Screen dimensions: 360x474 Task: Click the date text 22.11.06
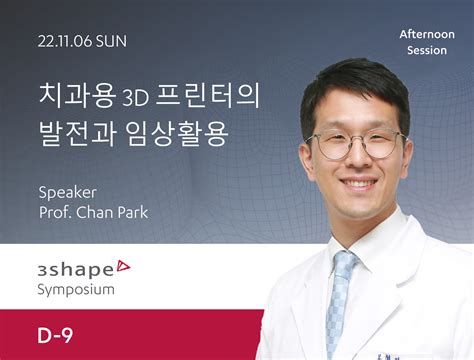(x=65, y=42)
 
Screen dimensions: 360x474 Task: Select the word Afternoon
(x=427, y=34)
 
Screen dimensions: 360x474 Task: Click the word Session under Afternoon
(x=427, y=49)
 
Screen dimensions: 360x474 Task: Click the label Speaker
(x=65, y=191)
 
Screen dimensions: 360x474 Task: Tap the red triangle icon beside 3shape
(x=123, y=265)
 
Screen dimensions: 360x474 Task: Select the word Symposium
(x=76, y=289)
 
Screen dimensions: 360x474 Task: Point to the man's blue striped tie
(x=343, y=300)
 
